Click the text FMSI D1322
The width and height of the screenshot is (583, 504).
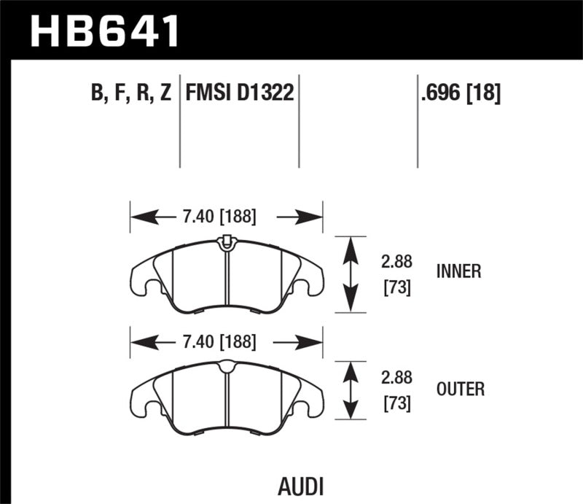pos(240,93)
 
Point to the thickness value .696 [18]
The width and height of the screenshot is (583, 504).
pos(459,93)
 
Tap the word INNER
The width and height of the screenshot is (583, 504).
pos(458,271)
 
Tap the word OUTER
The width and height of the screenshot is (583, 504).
pos(459,389)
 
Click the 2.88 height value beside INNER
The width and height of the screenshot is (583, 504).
pos(396,261)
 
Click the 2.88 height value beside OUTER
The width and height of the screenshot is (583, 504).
pos(396,379)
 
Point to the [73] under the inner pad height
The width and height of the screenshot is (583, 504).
pos(396,287)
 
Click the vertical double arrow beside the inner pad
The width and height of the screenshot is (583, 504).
pos(351,274)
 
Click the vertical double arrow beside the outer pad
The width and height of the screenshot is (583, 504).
pos(351,391)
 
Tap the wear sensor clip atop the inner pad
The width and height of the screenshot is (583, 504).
pos(226,240)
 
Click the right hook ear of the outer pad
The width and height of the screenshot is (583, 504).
pos(311,400)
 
